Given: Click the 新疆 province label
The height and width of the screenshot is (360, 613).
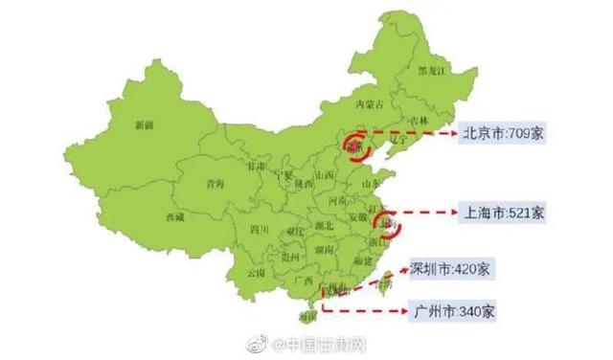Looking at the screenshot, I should tap(145, 124).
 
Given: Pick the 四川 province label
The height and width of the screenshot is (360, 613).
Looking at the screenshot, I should tap(259, 230).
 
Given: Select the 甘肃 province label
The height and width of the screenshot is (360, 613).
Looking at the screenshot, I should tap(258, 165).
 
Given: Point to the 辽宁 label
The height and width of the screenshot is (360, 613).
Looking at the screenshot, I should tap(399, 138).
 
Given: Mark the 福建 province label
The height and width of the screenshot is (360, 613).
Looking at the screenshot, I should tap(362, 259).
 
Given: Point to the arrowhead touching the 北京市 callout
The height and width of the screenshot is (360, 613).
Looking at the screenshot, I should tap(453, 134).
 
